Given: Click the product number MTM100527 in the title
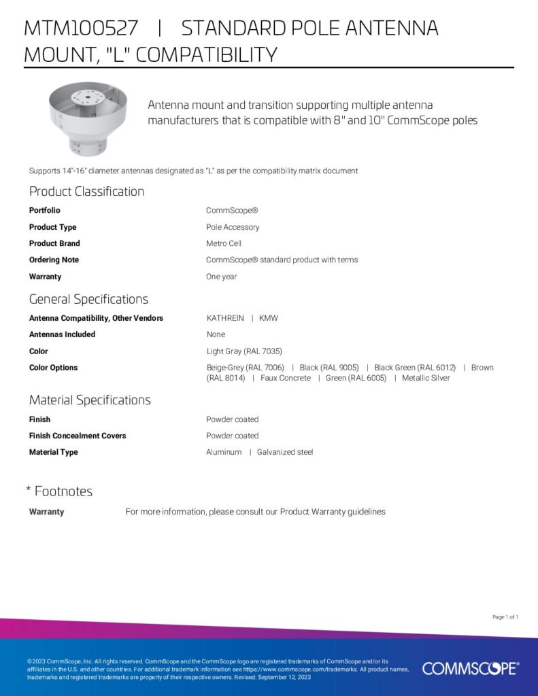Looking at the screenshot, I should point(81,29).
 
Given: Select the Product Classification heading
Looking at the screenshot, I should point(86,192).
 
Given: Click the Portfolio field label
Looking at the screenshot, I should point(44,211).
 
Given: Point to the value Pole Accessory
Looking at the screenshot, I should point(233,227).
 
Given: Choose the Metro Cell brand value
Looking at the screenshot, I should point(224,243).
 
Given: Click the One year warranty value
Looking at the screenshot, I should point(221,277).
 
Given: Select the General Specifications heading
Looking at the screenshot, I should point(88,299).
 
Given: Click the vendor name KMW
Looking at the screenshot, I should point(269,318).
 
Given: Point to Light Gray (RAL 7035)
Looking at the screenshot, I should point(244,351).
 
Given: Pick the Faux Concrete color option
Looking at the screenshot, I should point(286,378).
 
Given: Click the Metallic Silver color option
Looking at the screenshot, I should point(426,378).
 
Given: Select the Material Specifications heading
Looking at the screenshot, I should point(90,400).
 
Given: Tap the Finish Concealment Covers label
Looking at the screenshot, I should point(78,436).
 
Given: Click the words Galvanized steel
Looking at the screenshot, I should point(285,452).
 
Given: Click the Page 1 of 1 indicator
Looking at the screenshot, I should point(505,617).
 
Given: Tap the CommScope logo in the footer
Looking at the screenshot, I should point(470,668).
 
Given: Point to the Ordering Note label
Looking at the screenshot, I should point(54,260).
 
